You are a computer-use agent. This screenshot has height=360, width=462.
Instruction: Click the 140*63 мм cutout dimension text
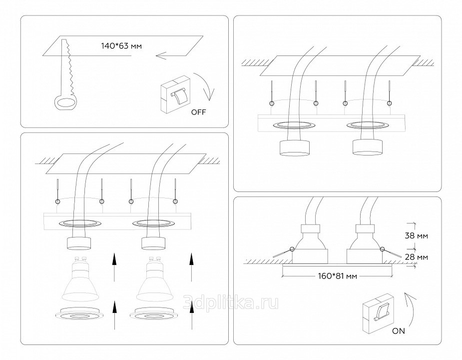coord(121,46)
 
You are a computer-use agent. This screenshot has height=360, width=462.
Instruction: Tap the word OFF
coord(198,111)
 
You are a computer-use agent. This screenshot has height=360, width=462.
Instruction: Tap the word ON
coord(399,330)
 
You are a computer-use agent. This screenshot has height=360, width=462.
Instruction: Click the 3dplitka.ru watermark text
coord(231,302)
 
